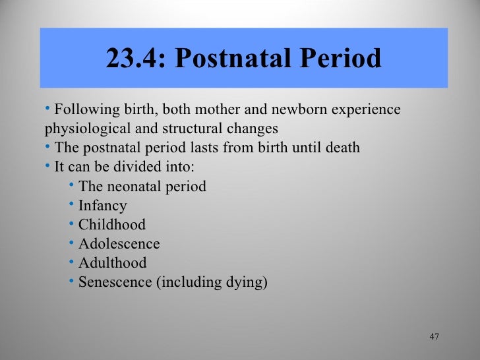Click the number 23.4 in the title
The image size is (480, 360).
134,60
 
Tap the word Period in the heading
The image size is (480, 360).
344,60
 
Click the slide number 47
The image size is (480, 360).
434,337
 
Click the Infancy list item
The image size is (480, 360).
102,206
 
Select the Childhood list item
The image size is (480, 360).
111,225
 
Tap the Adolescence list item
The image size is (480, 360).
119,244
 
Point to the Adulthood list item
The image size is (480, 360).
112,263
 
